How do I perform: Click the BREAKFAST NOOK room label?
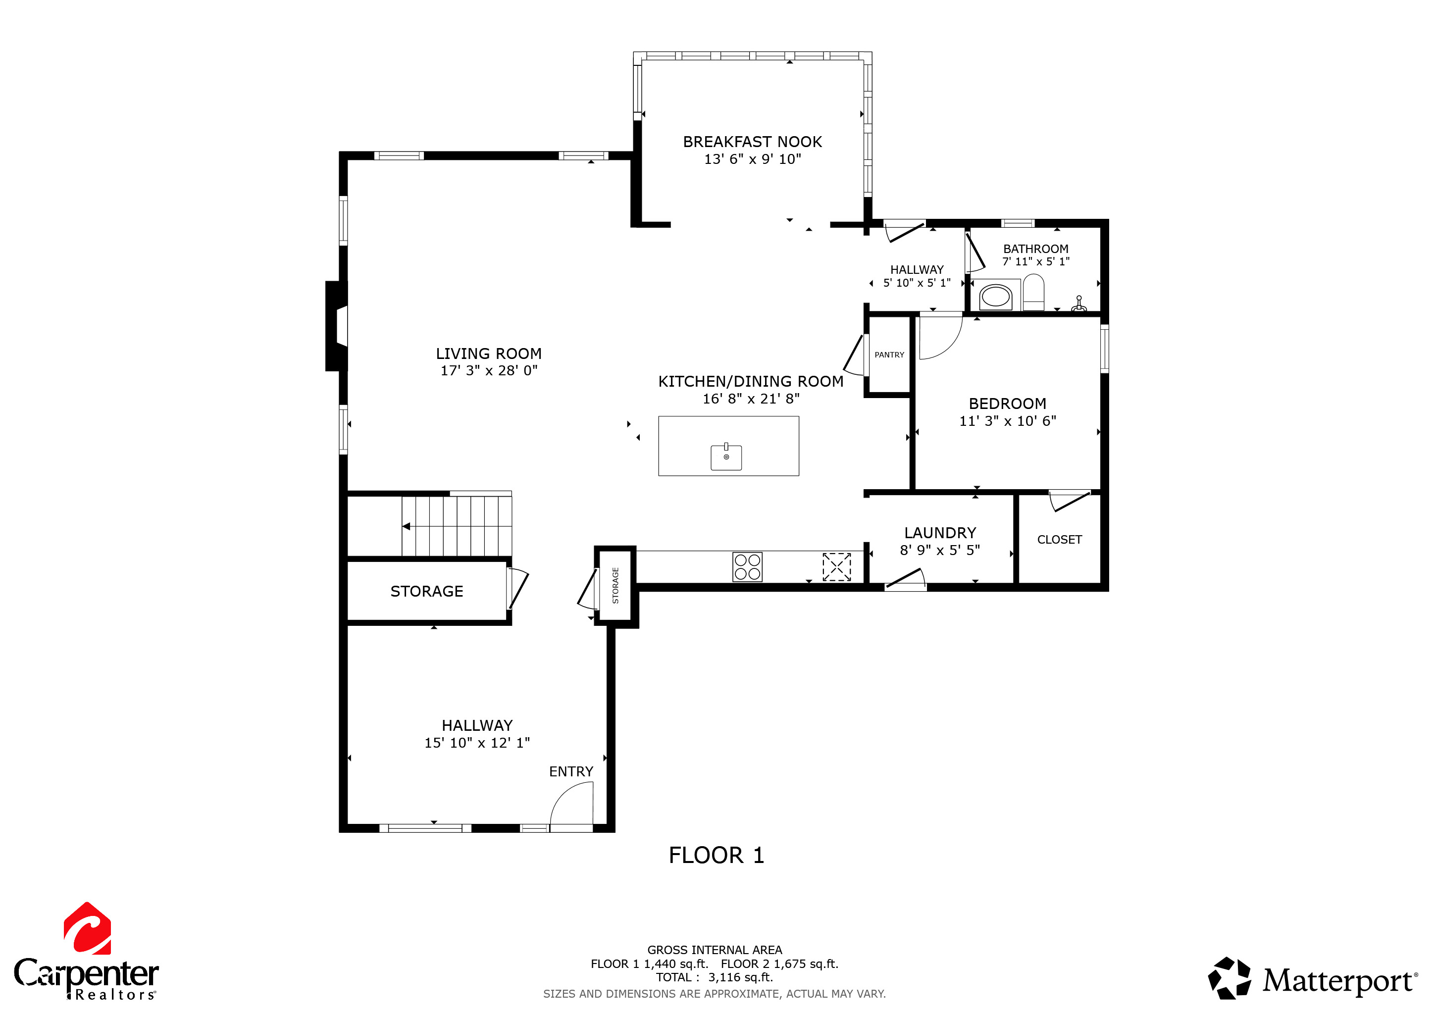tap(752, 142)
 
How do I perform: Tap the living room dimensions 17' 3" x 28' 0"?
tap(489, 371)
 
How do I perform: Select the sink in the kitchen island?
tap(726, 456)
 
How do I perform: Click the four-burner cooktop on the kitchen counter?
tap(747, 567)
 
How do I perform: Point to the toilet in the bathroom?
tap(1033, 292)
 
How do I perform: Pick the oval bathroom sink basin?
tap(996, 297)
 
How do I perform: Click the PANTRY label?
tap(889, 355)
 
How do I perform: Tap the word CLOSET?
tap(1059, 540)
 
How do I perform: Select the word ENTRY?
tap(571, 772)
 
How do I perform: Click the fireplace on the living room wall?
tap(337, 326)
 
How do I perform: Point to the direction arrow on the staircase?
tap(406, 526)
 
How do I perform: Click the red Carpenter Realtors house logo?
tap(88, 928)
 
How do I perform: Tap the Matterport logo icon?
tap(1229, 978)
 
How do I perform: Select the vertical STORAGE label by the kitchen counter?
tap(615, 586)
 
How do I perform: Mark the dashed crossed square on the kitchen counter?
tap(836, 567)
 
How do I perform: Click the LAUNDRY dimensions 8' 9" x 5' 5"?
tap(940, 550)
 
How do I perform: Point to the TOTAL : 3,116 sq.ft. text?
tap(714, 977)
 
